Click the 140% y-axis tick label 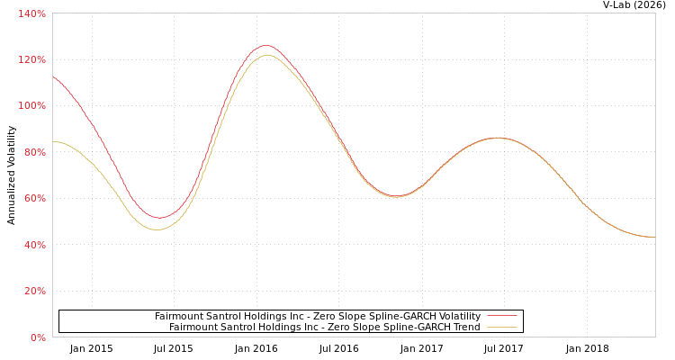(x=31, y=13)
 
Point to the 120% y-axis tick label (x=31, y=59)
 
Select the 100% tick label (x=31, y=106)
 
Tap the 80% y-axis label (x=33, y=152)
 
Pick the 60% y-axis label (x=33, y=198)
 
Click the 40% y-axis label (x=33, y=245)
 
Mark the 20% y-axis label (x=33, y=291)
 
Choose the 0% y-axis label (x=37, y=337)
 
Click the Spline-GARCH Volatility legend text (x=317, y=316)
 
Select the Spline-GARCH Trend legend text (x=324, y=327)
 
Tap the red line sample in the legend (x=501, y=316)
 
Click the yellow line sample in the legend (x=501, y=327)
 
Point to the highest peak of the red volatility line (x=265, y=45)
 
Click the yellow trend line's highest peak (x=266, y=55)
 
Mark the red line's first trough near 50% (x=158, y=218)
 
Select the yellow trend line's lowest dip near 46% (x=157, y=229)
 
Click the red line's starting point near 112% (x=53, y=76)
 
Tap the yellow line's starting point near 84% (x=53, y=141)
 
